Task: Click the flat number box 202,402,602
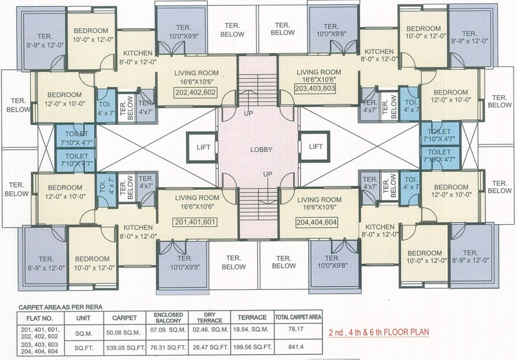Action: click(196, 93)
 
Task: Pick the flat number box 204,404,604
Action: click(317, 222)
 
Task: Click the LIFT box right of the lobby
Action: click(316, 147)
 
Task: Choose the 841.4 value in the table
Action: click(298, 347)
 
